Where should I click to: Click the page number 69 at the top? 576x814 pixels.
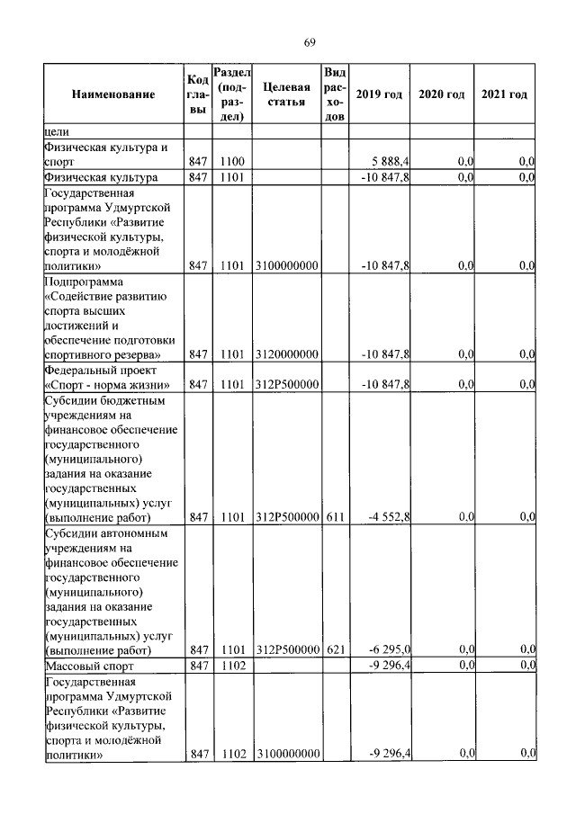(309, 42)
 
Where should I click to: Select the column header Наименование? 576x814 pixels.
(113, 94)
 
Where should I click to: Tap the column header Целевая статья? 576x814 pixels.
(287, 94)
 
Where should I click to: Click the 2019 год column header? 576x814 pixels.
(379, 94)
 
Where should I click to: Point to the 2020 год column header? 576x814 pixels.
(442, 94)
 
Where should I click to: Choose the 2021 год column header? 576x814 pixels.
(504, 94)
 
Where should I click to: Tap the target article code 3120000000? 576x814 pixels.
(287, 355)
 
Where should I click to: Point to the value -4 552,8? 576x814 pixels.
(389, 517)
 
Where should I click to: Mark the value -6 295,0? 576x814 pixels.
(389, 649)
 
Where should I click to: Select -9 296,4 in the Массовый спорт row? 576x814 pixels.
(389, 666)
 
